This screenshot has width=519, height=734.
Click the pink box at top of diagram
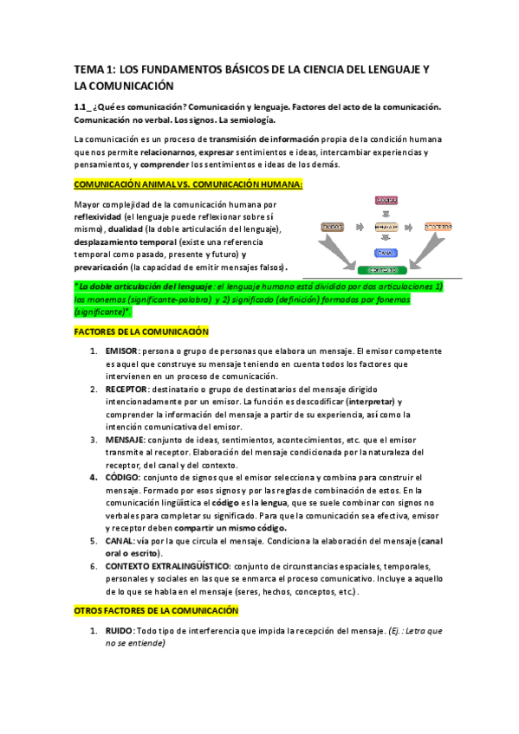coord(386,200)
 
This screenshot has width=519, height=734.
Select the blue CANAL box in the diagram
coord(386,253)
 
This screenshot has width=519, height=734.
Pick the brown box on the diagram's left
coord(333,226)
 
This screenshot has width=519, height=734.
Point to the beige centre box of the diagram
coord(386,226)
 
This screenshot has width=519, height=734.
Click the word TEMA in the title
coord(87,68)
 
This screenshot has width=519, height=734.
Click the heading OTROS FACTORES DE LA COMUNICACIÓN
coord(156,610)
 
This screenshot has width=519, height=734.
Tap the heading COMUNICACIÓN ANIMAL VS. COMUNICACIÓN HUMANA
coord(188,184)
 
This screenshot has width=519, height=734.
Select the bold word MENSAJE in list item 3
coord(125,439)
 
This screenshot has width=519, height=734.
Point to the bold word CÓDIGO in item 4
coord(121,477)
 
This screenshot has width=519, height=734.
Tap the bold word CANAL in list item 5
coord(119,540)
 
